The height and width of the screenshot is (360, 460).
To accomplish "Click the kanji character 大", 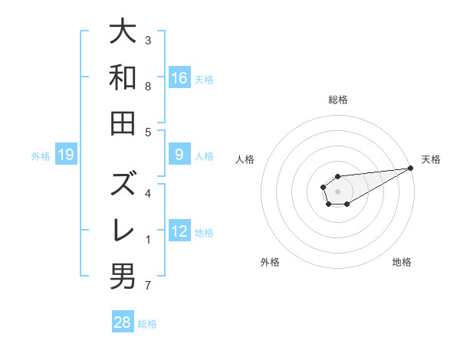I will (x=123, y=32).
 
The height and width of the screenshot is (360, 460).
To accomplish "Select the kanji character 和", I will (x=123, y=77).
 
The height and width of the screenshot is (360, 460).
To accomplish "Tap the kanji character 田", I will (x=123, y=123).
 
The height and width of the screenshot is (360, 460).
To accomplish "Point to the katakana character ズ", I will (x=123, y=184).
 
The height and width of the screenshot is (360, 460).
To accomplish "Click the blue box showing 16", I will (x=179, y=77).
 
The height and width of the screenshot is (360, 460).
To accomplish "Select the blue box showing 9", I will (x=179, y=155).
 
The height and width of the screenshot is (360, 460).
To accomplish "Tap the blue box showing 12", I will (x=179, y=232).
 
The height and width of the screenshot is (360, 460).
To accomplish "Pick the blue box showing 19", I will (x=65, y=155).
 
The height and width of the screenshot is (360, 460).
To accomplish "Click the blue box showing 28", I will (x=123, y=322).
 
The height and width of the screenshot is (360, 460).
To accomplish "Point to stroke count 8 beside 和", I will (x=148, y=87).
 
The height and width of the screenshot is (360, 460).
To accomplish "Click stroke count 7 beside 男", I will (x=148, y=286).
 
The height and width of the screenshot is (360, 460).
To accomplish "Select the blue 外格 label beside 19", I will (x=41, y=156).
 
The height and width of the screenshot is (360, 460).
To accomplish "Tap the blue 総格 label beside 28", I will (x=147, y=323).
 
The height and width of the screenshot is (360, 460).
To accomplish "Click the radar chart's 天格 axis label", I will (x=431, y=159).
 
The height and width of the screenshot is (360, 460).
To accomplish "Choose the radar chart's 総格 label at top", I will (x=337, y=100).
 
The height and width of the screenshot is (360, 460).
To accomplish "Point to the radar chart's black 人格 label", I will (x=245, y=159).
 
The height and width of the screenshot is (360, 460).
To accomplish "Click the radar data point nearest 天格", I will (x=411, y=168).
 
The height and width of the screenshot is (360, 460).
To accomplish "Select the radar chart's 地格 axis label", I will (x=402, y=262).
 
